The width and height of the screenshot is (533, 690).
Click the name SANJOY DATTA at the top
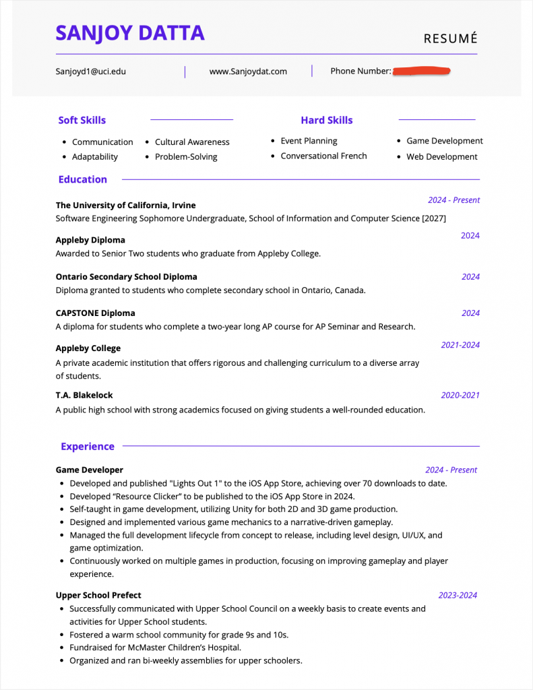tap(130, 33)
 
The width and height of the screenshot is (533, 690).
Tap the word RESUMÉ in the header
tap(450, 38)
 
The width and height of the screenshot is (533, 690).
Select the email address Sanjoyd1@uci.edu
tap(90, 71)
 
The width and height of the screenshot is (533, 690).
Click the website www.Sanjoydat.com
tap(248, 71)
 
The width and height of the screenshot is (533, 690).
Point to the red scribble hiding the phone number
tap(422, 70)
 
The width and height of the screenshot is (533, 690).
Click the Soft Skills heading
tap(82, 120)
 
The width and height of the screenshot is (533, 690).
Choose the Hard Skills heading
tap(326, 120)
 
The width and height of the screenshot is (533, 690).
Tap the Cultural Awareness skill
tap(192, 142)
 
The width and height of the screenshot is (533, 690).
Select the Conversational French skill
tap(323, 156)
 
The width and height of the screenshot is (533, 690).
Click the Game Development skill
tap(444, 141)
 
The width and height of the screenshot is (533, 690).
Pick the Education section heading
tap(82, 179)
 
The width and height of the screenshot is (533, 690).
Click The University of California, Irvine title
tap(125, 205)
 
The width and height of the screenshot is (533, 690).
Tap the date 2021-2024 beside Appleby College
tap(460, 345)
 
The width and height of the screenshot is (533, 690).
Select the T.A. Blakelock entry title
tap(84, 395)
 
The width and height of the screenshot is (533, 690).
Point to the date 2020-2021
tap(460, 396)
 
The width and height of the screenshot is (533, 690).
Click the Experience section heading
tap(88, 446)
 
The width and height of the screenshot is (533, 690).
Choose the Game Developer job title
tap(89, 470)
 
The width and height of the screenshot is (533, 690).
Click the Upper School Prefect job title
tap(98, 595)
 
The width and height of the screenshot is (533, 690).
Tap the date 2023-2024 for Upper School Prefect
tap(458, 595)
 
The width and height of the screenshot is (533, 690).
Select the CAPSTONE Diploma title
tap(95, 313)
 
